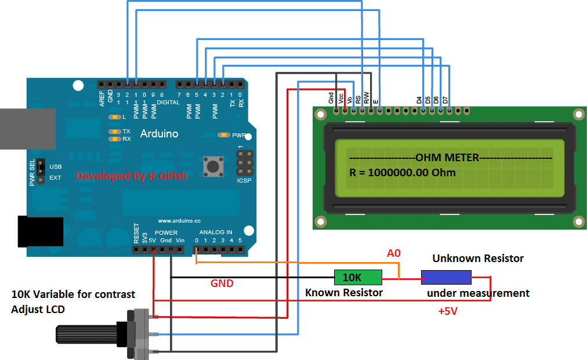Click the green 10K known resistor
tap(358, 277)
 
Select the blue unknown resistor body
tap(445, 277)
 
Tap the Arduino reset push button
tap(213, 167)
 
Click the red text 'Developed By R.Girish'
tap(132, 176)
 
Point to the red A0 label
tap(394, 253)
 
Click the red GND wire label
tap(222, 283)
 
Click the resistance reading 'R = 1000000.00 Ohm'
tap(402, 173)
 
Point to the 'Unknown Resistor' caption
tap(477, 259)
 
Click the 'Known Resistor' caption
tap(343, 293)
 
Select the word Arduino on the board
tap(159, 134)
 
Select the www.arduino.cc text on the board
tap(179, 221)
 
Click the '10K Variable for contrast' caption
tap(73, 294)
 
